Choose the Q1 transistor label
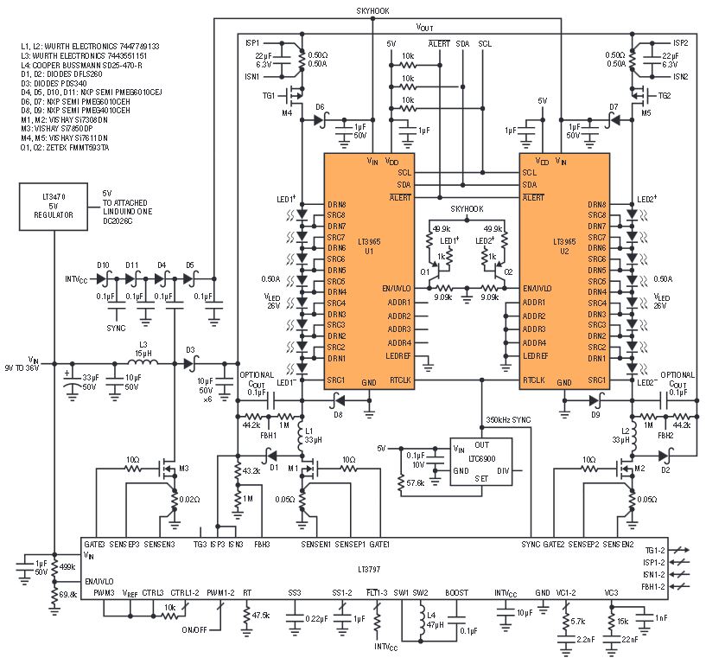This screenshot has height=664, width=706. tap(425, 271)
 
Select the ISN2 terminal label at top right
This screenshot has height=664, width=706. tap(680, 76)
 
